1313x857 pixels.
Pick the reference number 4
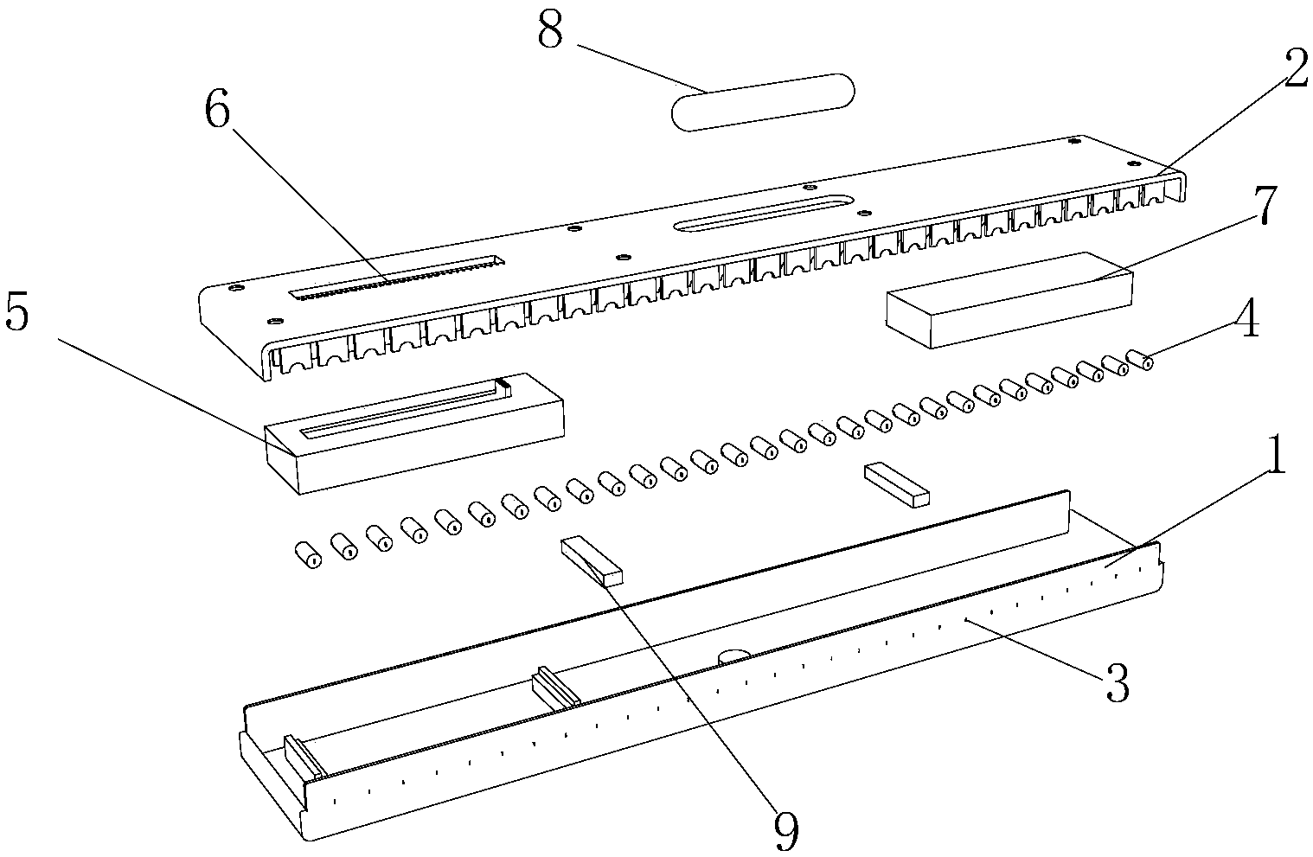point(1246,321)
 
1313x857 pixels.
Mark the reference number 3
point(1116,687)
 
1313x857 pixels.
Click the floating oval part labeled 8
point(763,101)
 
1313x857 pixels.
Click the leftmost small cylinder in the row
point(306,554)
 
